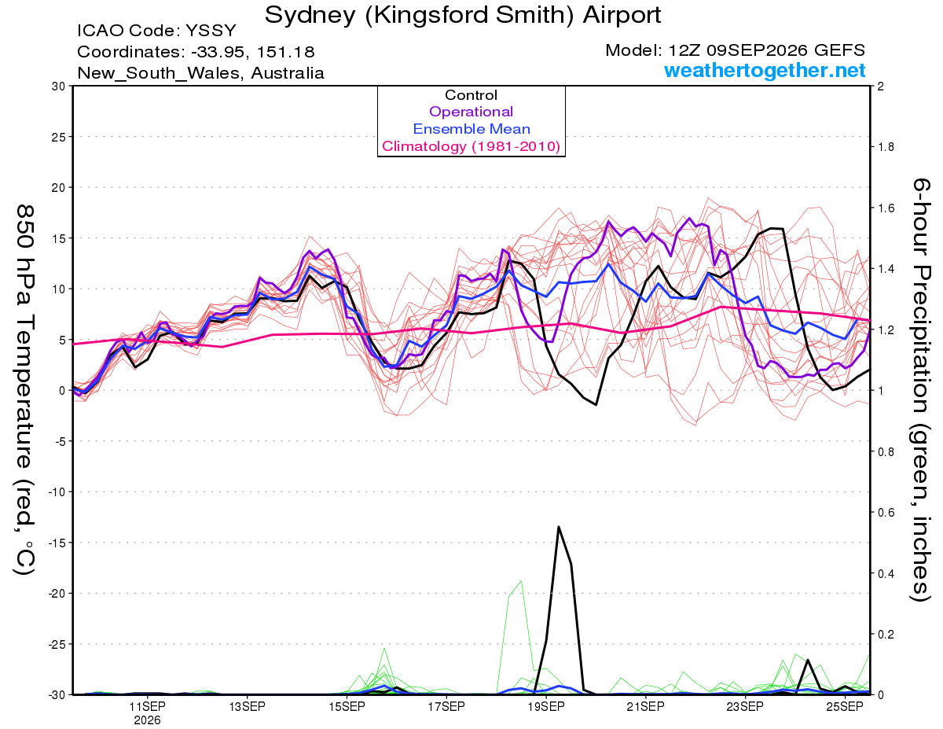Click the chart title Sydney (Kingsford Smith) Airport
coord(463,15)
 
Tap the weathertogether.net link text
coord(765,70)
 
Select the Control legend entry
coord(471,95)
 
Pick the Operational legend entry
coord(471,112)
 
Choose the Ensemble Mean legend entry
coord(472,129)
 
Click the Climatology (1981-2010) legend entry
coord(471,146)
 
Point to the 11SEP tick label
coord(147,706)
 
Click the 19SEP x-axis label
coord(546,706)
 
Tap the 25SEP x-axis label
coord(845,706)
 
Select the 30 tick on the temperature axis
coord(59,87)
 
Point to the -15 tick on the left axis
coord(57,543)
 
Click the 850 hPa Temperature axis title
coord(24,390)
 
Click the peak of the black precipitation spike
coord(559,527)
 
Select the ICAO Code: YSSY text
coord(156,31)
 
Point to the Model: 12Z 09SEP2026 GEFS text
coord(735,50)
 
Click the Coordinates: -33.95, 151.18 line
coord(196,52)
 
